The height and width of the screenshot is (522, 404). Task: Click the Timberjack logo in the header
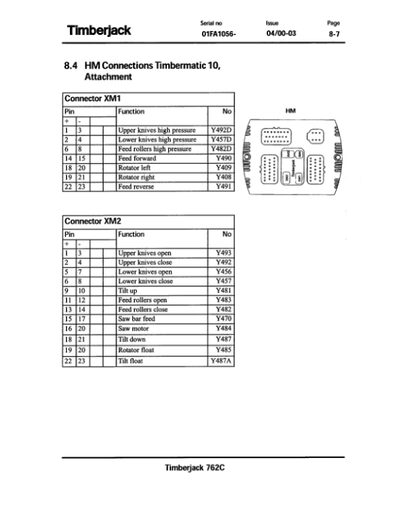(99, 30)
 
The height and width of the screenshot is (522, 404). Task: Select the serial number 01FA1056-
(219, 34)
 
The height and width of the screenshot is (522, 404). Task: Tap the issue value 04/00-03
(281, 33)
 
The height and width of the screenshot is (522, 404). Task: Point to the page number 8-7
(334, 34)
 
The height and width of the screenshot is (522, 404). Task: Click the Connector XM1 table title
(92, 98)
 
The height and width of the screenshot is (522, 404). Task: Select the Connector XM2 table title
(93, 222)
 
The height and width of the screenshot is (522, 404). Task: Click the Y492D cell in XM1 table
(222, 130)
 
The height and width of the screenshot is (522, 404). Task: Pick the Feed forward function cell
(162, 158)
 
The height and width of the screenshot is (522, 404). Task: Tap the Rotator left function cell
(162, 168)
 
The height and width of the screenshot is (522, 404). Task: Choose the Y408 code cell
(222, 177)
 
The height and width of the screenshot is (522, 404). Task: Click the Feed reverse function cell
(162, 187)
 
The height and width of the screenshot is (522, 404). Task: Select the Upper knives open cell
(162, 253)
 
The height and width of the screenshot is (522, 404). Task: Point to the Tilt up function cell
(162, 290)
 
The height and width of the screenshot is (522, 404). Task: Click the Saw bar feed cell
(162, 319)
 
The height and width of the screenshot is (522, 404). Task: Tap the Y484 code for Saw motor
(222, 329)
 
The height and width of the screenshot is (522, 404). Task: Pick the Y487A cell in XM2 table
(222, 361)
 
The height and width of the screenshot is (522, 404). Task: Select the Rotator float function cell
(162, 350)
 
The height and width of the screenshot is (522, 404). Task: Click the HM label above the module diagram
(290, 111)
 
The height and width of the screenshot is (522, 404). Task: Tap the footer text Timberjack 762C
(195, 467)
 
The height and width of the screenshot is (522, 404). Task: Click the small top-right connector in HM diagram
(315, 137)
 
